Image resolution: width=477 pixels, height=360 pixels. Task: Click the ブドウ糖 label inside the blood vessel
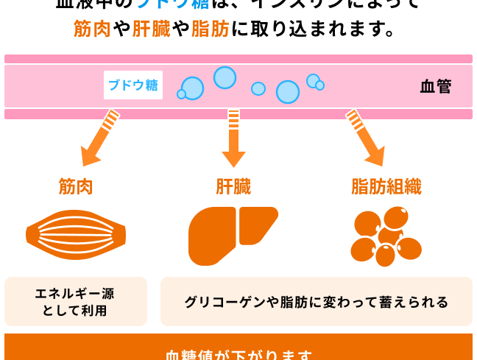133,85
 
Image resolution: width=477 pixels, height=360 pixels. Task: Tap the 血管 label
436,86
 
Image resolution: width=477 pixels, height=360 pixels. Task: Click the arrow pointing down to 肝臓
233,138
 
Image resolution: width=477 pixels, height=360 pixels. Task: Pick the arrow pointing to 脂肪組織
367,138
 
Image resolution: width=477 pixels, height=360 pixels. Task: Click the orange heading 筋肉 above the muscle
76,187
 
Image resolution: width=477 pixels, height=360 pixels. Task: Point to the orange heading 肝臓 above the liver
233,187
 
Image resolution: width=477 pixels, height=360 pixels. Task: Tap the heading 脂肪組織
386,187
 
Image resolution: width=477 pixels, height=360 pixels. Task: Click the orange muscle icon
76,234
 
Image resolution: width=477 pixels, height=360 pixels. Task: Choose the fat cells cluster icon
386,236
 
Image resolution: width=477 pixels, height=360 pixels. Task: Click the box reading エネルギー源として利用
76,302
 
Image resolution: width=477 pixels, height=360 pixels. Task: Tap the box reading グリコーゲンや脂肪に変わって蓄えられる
317,302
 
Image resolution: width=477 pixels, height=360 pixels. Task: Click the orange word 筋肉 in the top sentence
92,29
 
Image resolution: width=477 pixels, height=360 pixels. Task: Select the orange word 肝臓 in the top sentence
151,29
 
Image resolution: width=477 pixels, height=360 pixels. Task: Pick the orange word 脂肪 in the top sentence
210,29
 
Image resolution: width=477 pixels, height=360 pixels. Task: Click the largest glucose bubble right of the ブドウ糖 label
288,92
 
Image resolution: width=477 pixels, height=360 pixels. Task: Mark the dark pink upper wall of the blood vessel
239,59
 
